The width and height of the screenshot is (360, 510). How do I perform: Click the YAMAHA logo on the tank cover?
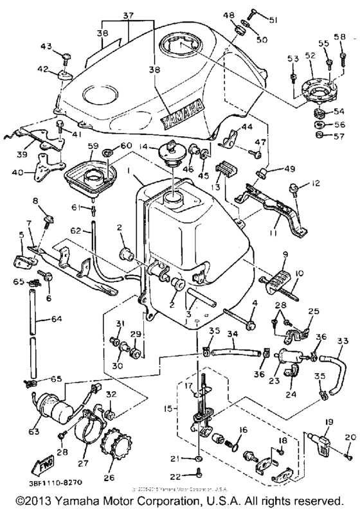(x=184, y=114)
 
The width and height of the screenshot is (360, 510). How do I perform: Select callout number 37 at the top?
(x=129, y=15)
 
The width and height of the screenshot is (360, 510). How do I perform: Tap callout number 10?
(x=299, y=273)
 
